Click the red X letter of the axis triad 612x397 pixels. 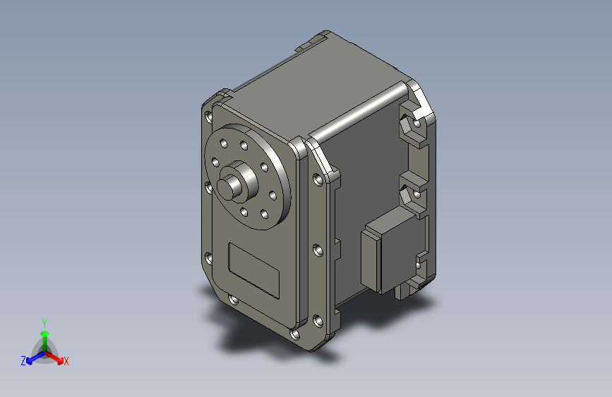[x=66, y=361]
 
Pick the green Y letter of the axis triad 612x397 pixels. [x=44, y=321]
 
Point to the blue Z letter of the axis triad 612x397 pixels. [x=23, y=361]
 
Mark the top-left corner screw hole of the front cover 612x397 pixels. [x=208, y=115]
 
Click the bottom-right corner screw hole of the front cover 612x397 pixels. [x=295, y=333]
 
